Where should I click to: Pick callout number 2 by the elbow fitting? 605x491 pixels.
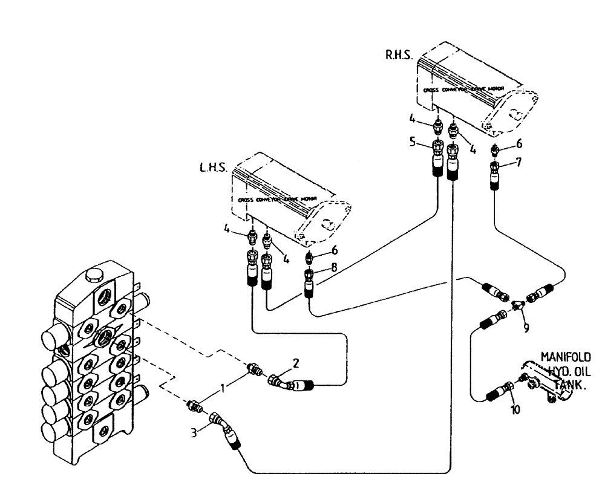coord(296,363)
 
